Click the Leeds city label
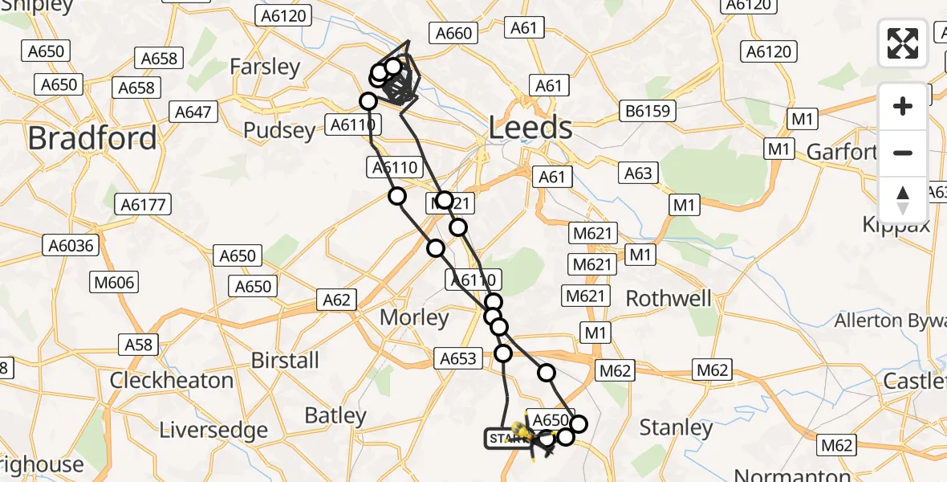530,128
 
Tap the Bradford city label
92,138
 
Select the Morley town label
414,317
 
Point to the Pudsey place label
279,130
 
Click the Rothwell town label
669,299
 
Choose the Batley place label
335,415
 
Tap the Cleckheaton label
171,380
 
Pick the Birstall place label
285,360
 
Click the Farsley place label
265,66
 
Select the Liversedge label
213,430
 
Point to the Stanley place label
675,428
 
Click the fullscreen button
903,43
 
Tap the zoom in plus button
903,106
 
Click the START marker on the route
505,439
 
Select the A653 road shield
459,359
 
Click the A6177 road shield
144,204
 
